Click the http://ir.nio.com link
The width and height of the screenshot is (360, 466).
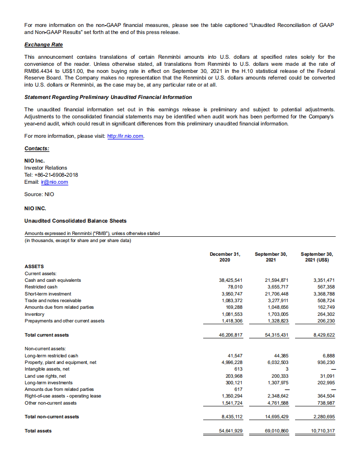(126, 136)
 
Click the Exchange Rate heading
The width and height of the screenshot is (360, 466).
(44, 45)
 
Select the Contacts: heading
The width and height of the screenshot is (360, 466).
(37, 149)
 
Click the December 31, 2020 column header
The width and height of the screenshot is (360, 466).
(225, 257)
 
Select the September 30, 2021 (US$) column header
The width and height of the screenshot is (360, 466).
(317, 257)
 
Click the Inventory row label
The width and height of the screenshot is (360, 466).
(34, 314)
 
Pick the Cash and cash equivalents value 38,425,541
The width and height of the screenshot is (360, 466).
(231, 280)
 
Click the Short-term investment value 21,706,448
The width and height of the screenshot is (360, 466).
(277, 294)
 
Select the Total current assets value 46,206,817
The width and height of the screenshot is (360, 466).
(231, 335)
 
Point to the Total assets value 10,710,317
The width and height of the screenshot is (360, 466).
(323, 431)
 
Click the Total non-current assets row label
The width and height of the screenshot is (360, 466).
(52, 417)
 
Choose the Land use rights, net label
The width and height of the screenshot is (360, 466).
(45, 376)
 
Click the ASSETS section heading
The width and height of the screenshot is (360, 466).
(34, 266)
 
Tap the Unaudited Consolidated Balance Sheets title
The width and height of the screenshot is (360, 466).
(76, 221)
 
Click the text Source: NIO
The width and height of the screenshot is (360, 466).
(39, 194)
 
